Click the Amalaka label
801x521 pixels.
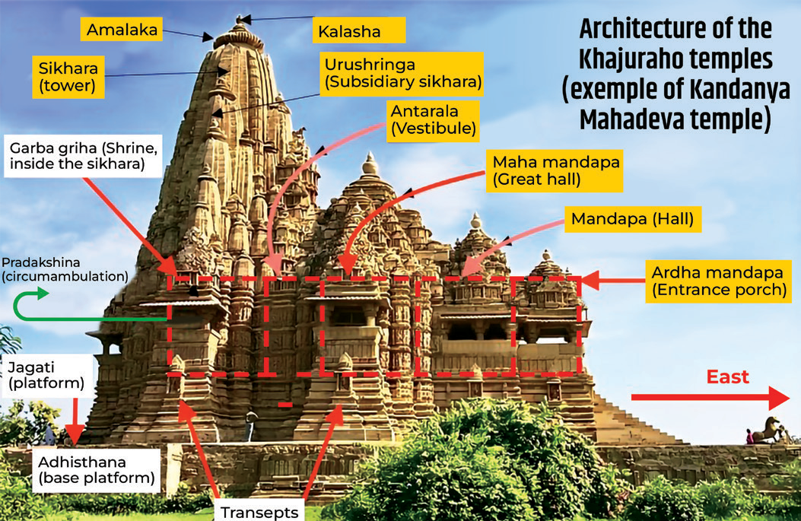(x=122, y=30)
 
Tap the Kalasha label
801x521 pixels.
(x=359, y=30)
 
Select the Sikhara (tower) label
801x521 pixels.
(x=68, y=77)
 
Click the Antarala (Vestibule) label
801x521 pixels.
(x=433, y=120)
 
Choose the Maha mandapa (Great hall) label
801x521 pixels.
(x=555, y=170)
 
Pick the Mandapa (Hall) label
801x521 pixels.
(x=632, y=219)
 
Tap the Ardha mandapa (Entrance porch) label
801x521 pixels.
(x=718, y=281)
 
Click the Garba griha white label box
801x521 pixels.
(x=83, y=157)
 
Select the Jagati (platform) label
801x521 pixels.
(x=47, y=376)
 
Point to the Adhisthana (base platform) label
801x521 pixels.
(x=97, y=471)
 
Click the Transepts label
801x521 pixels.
(x=259, y=511)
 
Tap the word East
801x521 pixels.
(x=727, y=377)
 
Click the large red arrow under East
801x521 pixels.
(x=710, y=397)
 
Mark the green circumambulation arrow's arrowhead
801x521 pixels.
(x=42, y=293)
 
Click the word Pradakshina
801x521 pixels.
(x=41, y=262)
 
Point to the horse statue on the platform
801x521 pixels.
(x=768, y=430)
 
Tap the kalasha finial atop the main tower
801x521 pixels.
(x=239, y=21)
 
